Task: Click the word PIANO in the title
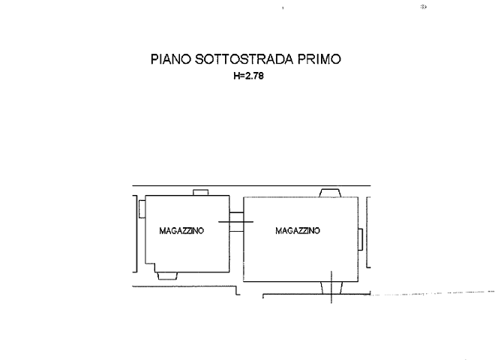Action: (172, 59)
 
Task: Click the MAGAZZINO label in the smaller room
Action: (181, 232)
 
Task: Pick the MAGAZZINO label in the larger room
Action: (298, 230)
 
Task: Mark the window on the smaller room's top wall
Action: (200, 193)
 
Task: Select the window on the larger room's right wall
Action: (362, 240)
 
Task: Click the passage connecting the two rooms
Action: (235, 222)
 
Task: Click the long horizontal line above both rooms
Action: (247, 184)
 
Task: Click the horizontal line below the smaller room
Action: (184, 287)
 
